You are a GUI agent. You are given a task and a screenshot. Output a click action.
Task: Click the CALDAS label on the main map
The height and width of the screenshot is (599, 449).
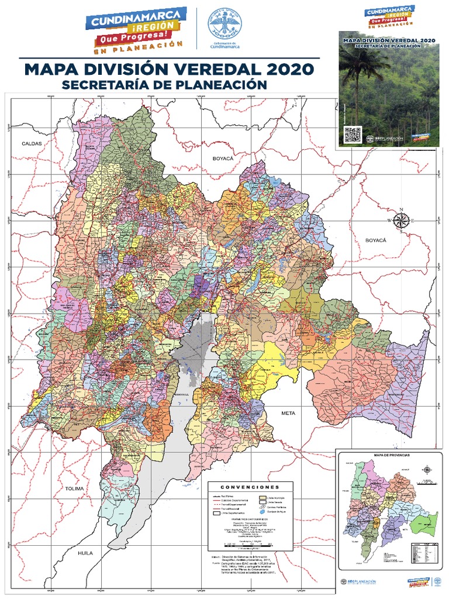(33, 143)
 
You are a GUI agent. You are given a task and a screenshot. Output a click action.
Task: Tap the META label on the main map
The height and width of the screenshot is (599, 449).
(289, 413)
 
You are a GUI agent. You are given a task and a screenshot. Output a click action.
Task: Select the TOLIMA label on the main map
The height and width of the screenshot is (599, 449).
(75, 488)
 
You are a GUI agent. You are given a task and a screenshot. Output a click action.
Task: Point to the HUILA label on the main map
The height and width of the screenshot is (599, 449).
(87, 552)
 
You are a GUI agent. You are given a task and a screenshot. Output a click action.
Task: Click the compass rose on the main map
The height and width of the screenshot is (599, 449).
(401, 220)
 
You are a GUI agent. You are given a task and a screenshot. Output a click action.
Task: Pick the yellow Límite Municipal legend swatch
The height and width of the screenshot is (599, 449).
(263, 497)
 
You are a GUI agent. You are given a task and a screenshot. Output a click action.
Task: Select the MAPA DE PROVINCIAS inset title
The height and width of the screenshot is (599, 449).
(386, 455)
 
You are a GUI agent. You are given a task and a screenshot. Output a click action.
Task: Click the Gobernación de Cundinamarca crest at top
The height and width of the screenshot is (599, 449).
(220, 23)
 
